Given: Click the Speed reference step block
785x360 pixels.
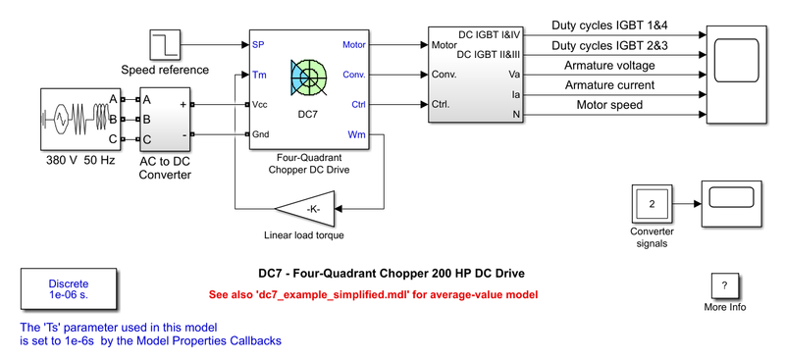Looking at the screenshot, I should (x=163, y=44).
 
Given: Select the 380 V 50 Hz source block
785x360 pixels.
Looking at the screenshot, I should (x=75, y=119).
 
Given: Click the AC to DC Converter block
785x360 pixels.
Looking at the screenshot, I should (x=164, y=119).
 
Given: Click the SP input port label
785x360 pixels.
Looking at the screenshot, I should (x=258, y=45).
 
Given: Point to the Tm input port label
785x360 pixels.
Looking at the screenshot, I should (x=259, y=74).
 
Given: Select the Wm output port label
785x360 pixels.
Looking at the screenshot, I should (x=356, y=134).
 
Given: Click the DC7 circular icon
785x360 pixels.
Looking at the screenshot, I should (x=309, y=78).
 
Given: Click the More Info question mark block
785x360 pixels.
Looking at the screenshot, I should (x=724, y=285).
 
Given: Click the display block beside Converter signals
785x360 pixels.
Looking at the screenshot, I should (x=732, y=197).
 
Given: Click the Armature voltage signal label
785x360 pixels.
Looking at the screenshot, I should (x=608, y=66).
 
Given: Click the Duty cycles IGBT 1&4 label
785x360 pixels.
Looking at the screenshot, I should (x=609, y=25).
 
